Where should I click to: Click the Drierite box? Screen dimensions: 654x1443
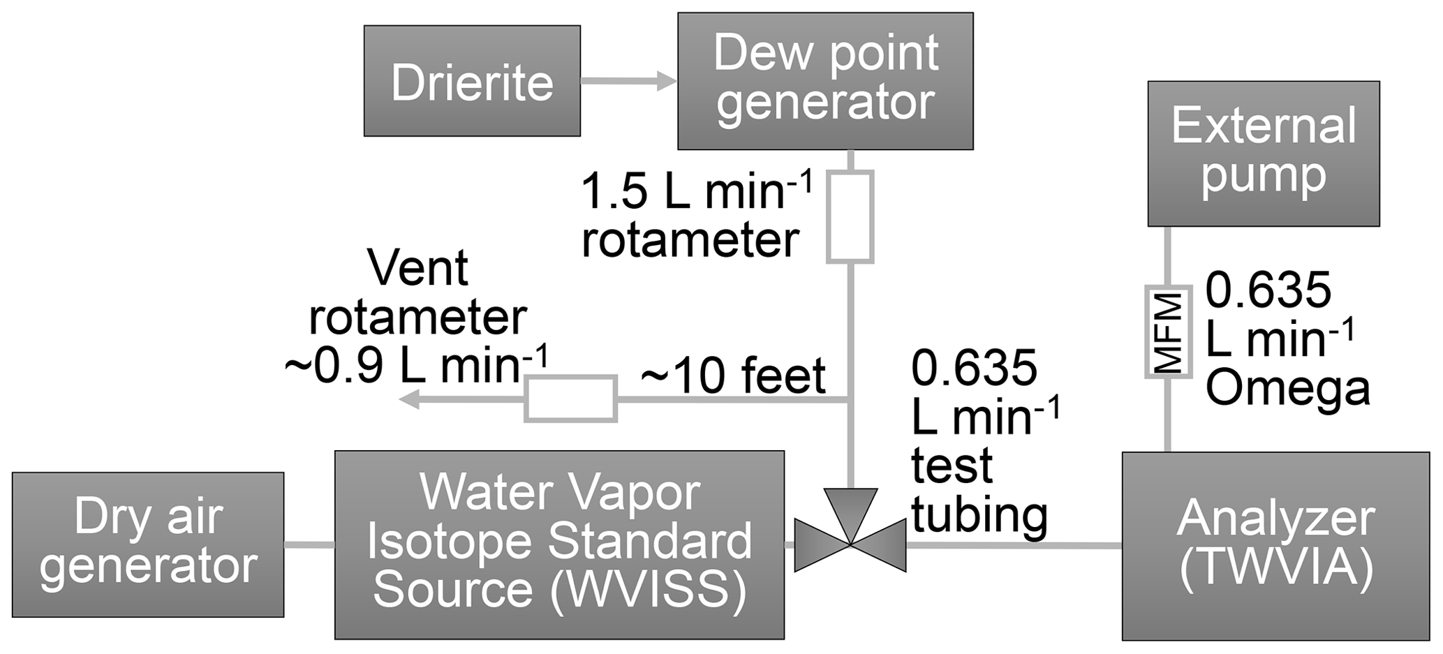[x=472, y=81]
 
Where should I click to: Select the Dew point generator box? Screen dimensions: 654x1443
[x=825, y=81]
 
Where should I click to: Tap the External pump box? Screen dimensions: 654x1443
[x=1264, y=154]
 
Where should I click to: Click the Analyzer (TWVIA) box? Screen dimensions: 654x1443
[x=1275, y=546]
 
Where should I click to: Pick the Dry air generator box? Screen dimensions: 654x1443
[x=148, y=544]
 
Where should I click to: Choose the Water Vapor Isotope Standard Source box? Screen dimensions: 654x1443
[x=559, y=544]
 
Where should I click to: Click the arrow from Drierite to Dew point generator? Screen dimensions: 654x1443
[x=628, y=82]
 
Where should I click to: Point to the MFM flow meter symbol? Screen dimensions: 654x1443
[x=1168, y=332]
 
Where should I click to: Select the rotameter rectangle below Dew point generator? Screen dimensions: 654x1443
[x=850, y=217]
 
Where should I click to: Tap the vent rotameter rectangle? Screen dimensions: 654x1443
[x=570, y=399]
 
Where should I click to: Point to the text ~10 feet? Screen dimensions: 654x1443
[x=733, y=376]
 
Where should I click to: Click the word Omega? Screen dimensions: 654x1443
[x=1287, y=388]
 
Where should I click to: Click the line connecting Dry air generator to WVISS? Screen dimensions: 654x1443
[x=309, y=544]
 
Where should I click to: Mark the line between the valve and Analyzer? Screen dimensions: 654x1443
[x=1012, y=545]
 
